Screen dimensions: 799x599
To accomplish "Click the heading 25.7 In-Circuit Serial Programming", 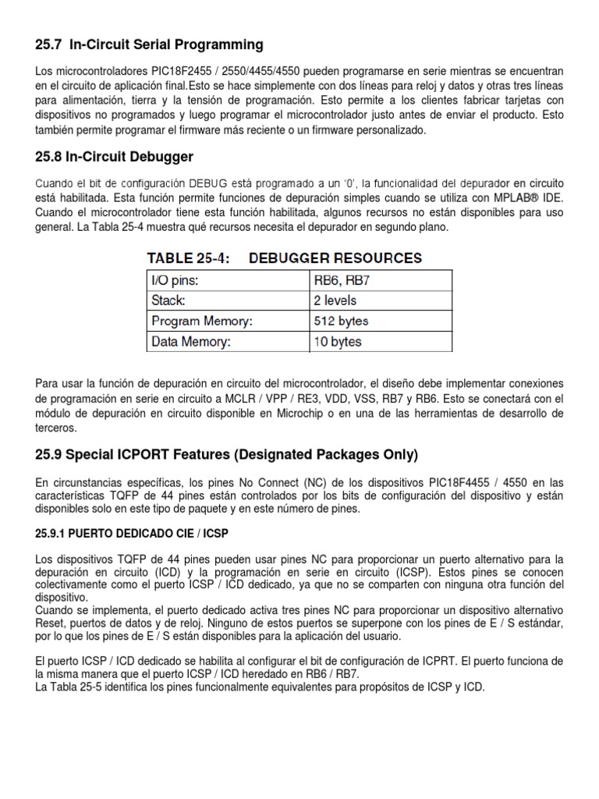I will coord(150,44).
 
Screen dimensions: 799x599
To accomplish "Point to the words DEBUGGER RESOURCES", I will coord(335,257).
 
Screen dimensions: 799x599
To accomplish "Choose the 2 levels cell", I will coord(335,300).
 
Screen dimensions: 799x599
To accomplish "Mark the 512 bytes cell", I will coord(340,321).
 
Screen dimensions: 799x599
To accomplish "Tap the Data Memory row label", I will coord(191,341).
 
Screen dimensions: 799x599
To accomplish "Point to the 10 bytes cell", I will coord(337,341).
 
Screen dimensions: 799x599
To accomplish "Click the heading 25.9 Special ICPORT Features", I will coord(227,454).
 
